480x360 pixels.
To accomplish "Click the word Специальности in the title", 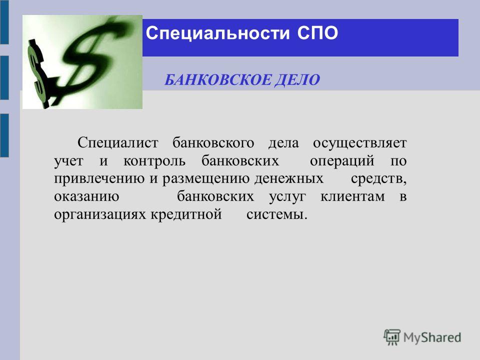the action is point(217,33).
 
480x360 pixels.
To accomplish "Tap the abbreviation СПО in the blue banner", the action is point(317,33).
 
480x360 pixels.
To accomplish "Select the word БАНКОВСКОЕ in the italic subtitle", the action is point(217,80).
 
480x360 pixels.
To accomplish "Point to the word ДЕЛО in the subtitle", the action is point(297,80).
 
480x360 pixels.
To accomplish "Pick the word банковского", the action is point(213,143).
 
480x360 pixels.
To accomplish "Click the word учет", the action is point(68,161).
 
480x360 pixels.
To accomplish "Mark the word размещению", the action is point(206,179).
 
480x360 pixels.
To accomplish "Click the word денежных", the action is point(288,179).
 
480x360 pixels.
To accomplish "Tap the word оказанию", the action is point(86,196).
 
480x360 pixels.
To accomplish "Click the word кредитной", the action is point(186,214).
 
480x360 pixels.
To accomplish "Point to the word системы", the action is point(276,214).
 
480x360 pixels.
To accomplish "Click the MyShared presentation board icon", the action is point(392,337).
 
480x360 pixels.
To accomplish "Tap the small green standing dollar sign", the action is point(38,74).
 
